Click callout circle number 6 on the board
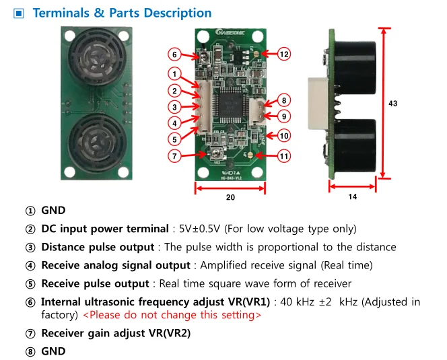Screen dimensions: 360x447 pos(174,55)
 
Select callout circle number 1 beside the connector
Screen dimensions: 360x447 pos(174,74)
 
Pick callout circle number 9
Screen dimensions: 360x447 pos(283,116)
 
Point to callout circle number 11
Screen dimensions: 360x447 pos(283,156)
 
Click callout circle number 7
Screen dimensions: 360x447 pos(174,156)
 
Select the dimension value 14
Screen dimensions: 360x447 pos(352,197)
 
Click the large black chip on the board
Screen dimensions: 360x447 pos(230,104)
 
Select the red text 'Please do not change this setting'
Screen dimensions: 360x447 pos(172,314)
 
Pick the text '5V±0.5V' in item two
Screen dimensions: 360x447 pos(197,229)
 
